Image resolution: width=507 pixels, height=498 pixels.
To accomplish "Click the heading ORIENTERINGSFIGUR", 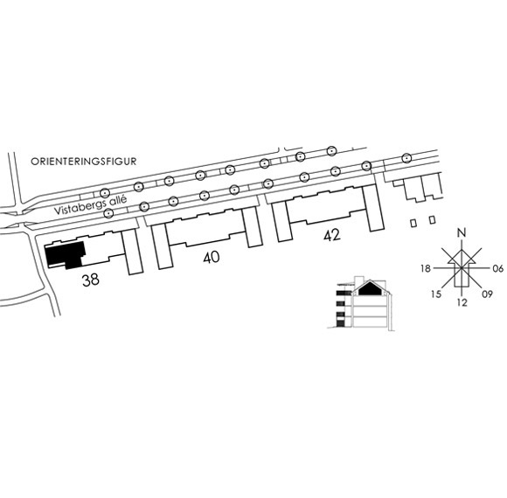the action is click(83, 162).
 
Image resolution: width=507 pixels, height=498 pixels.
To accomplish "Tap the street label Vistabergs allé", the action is click(90, 205).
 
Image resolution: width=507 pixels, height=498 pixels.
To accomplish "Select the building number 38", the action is click(91, 280).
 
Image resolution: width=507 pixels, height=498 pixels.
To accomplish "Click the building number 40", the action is click(212, 257).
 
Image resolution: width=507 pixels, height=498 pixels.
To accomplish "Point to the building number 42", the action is click(332, 235).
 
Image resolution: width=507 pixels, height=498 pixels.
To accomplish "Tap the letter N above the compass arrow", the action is click(462, 232).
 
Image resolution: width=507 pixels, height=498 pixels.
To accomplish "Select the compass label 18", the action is click(426, 268).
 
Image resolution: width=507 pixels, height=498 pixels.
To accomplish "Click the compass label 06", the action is click(498, 268).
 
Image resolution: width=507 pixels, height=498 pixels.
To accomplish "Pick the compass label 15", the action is click(436, 294).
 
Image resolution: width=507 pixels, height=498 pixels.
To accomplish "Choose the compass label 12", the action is click(462, 302).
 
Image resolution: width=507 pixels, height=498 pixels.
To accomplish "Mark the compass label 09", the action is click(487, 294).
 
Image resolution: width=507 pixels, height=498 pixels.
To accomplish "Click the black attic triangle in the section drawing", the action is click(370, 288).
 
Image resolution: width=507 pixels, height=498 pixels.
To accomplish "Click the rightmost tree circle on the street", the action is click(406, 158).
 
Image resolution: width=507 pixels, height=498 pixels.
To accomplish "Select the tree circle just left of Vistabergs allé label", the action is click(109, 213).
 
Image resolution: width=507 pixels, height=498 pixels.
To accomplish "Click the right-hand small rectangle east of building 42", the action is click(433, 220).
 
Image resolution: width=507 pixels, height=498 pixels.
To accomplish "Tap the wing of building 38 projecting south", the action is click(133, 252).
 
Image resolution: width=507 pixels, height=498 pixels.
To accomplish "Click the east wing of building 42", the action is click(373, 208).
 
